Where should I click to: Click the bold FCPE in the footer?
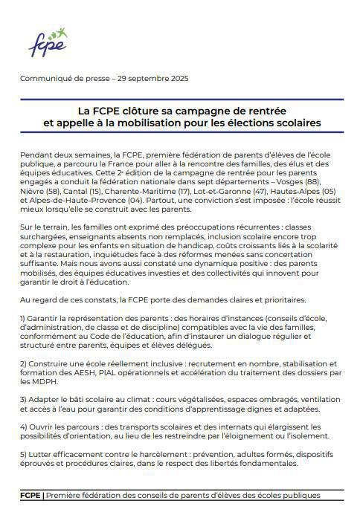pos(30,495)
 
